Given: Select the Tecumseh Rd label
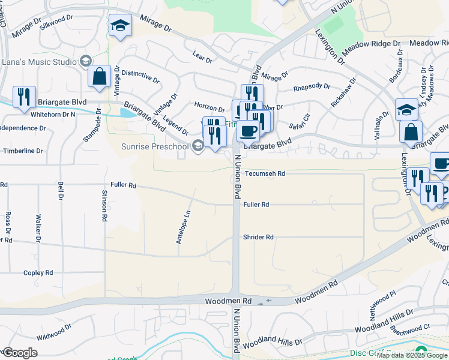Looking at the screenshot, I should click(265, 173).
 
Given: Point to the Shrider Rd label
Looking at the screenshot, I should click(258, 237).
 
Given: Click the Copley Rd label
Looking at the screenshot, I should click(38, 273).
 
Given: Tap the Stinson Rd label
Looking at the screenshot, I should click(105, 206).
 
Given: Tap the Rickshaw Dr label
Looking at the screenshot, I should click(344, 92).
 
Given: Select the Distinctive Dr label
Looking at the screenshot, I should click(140, 76).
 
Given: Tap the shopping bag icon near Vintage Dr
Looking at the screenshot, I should click(99, 76).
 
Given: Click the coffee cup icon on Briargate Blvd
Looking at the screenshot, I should click(247, 130).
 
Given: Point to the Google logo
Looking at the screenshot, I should click(20, 353).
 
